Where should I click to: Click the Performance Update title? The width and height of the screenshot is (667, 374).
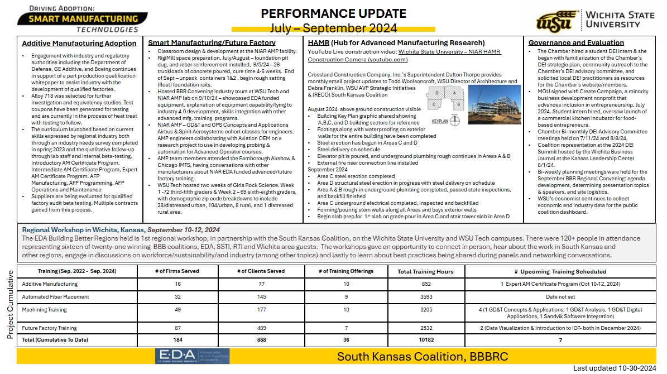tap(334, 14)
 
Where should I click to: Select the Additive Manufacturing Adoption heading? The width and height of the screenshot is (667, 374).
tap(79, 43)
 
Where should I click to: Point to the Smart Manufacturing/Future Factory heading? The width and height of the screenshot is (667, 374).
tap(212, 42)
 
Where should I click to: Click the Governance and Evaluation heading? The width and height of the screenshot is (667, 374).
tap(576, 42)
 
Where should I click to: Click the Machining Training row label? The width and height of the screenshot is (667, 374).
tap(44, 310)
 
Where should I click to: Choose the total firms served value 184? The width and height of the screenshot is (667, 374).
tap(177, 339)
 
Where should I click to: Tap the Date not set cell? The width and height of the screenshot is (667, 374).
tap(560, 297)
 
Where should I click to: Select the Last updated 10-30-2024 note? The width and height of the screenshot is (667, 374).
tap(615, 368)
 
